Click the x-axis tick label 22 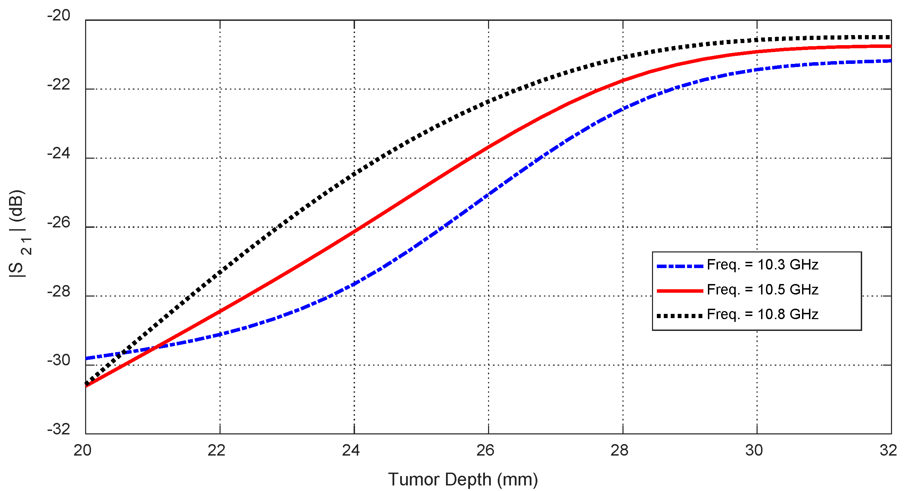point(216,451)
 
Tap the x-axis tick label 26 point(485,451)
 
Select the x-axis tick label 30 point(754,451)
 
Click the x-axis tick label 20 point(82,451)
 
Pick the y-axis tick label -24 point(59,154)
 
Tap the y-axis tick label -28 point(59,292)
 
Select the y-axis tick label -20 point(59,16)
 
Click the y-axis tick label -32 point(59,429)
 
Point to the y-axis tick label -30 point(59,360)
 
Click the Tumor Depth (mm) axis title point(463,480)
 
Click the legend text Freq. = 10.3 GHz point(762,265)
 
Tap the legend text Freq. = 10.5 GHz point(762,290)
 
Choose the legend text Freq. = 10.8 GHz point(762,315)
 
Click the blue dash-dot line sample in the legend point(679,266)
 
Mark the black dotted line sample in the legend point(679,316)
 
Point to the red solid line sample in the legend point(679,291)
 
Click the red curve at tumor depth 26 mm point(488,146)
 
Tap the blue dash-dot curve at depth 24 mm point(354,284)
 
